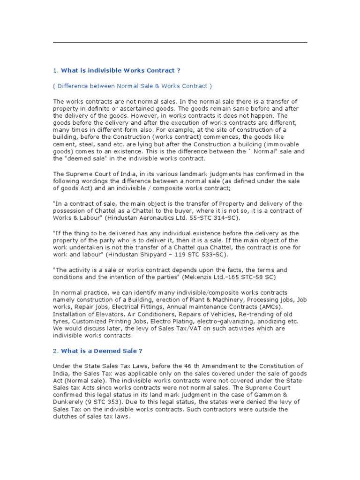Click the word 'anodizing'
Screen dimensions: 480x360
282,321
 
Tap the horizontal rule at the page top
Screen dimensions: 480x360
180,43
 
